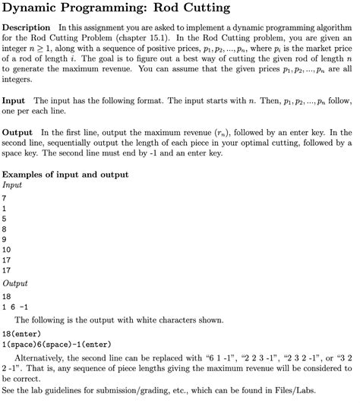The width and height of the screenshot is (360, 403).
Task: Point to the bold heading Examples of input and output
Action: point(65,175)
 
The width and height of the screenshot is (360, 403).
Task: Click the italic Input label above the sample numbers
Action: point(13,184)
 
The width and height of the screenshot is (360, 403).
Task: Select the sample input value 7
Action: point(5,197)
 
